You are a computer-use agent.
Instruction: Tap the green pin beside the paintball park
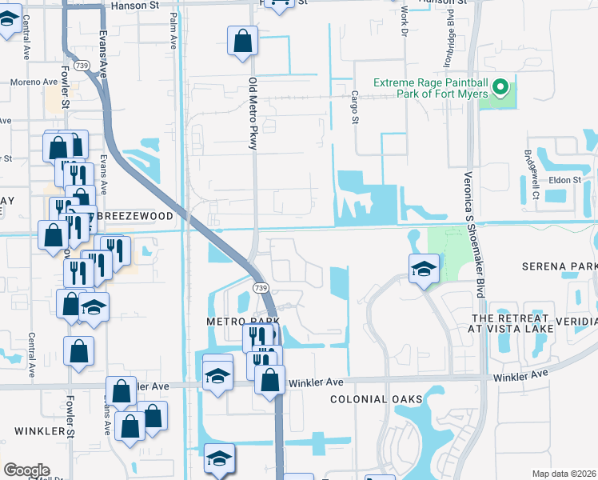pyautogui.click(x=501, y=87)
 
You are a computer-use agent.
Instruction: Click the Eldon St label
pyautogui.click(x=564, y=180)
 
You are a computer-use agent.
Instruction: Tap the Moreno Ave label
pyautogui.click(x=34, y=82)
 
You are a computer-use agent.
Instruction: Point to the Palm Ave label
pyautogui.click(x=173, y=30)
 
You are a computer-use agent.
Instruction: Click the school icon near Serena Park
pyautogui.click(x=424, y=268)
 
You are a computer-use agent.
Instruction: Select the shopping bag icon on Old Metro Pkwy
pyautogui.click(x=242, y=40)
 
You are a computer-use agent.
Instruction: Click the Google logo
pyautogui.click(x=26, y=470)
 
